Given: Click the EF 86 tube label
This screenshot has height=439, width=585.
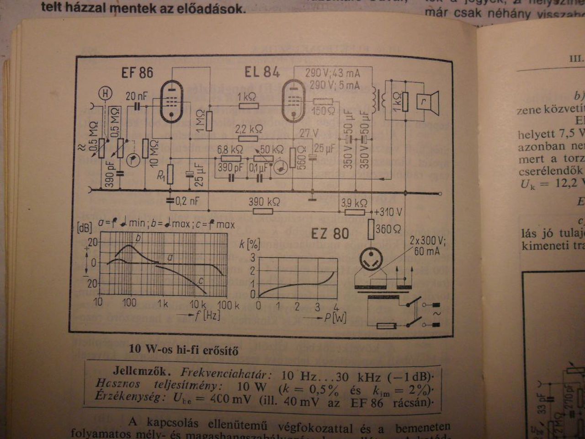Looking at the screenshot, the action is click(x=137, y=73).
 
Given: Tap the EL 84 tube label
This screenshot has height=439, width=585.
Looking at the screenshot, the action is click(x=261, y=72).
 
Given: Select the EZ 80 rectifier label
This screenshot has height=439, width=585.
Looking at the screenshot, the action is click(x=330, y=234).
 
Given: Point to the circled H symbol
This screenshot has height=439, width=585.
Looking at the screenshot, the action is click(x=106, y=94).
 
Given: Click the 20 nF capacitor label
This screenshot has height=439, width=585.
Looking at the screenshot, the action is click(x=137, y=96).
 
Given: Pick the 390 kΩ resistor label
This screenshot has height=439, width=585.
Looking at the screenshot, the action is click(x=264, y=201).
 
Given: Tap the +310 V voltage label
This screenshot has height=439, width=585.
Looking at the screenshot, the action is click(x=388, y=212).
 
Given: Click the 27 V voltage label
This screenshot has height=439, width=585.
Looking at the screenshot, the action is click(x=309, y=133).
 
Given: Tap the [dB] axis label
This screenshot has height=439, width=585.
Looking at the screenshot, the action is click(x=85, y=228).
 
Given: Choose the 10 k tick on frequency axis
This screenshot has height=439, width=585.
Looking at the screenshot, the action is click(x=198, y=304).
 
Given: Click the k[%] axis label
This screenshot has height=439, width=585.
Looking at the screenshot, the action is click(x=250, y=243).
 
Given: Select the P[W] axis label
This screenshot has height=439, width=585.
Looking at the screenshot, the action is click(x=335, y=317).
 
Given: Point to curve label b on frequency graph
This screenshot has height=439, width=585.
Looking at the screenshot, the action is click(x=138, y=238).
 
